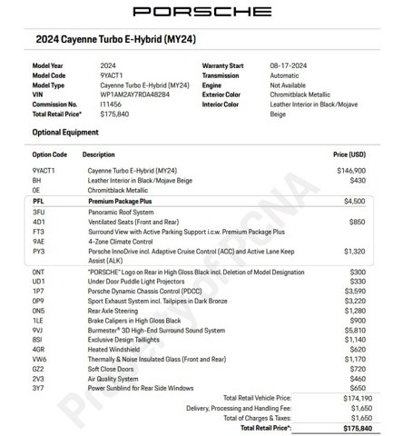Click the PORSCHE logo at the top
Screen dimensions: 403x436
point(201,12)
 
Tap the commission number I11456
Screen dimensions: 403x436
point(112,103)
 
